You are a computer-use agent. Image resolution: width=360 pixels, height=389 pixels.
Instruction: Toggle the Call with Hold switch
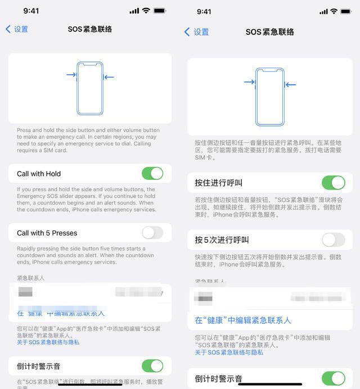click(152, 174)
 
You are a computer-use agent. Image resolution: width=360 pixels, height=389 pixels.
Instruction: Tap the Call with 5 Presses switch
click(152, 233)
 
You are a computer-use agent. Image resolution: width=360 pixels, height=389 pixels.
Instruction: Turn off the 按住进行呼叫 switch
click(333, 183)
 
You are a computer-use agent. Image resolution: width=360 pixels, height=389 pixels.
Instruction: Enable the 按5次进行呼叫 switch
click(333, 240)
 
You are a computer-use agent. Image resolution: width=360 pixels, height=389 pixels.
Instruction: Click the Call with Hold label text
click(39, 174)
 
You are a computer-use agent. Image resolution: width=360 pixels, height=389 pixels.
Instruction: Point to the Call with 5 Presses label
click(47, 233)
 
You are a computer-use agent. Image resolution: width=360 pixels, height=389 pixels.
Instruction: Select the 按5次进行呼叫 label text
click(222, 240)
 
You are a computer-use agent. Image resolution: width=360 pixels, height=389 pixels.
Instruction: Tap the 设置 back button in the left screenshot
click(17, 29)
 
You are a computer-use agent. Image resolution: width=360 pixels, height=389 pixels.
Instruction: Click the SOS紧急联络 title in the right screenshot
click(270, 32)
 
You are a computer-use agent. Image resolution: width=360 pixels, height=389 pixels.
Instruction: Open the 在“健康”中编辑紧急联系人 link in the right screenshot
click(243, 320)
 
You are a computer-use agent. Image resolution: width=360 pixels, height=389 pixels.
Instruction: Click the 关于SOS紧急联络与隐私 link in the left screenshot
click(48, 342)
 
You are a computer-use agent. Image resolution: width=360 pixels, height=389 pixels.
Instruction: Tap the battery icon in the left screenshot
click(160, 11)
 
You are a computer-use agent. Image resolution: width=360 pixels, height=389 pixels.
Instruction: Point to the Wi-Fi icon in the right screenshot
click(334, 11)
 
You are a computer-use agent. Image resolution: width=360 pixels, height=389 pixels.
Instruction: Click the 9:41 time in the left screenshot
click(31, 11)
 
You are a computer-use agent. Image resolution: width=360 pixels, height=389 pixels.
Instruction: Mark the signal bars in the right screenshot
click(323, 11)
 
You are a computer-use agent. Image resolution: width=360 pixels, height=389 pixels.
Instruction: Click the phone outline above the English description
click(90, 88)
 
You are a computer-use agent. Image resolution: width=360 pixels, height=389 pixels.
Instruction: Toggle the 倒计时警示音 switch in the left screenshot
click(152, 366)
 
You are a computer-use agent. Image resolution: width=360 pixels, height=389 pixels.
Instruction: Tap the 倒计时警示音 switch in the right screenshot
click(333, 378)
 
